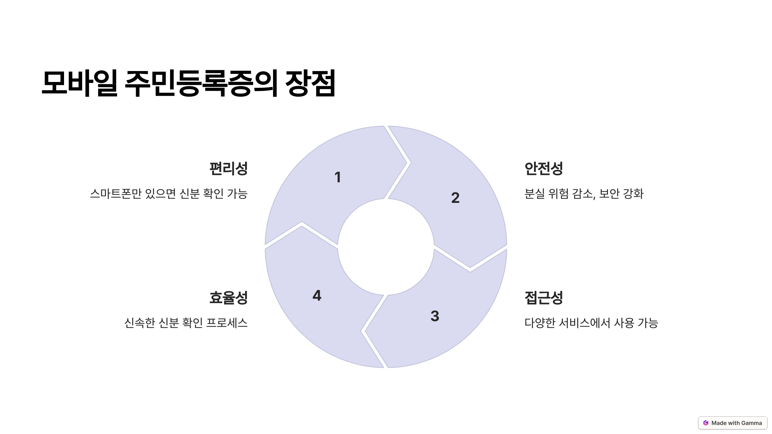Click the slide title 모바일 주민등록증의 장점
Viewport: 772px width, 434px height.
(x=189, y=83)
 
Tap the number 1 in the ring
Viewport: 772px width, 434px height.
(x=337, y=177)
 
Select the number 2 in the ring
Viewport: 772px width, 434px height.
(x=455, y=197)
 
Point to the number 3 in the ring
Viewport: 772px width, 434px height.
(x=435, y=316)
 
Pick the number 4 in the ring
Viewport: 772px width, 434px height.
(x=317, y=295)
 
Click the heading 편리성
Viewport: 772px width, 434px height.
(x=228, y=168)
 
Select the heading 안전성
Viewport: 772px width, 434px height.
(x=544, y=168)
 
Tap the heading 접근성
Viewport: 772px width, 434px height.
(x=544, y=298)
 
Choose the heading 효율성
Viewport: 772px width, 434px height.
(x=228, y=298)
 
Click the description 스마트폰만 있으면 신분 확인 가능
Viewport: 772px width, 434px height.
(x=169, y=194)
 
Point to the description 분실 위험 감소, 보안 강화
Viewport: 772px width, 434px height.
(x=584, y=194)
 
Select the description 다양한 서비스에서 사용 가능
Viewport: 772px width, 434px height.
(x=591, y=323)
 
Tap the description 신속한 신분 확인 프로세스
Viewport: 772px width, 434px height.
(x=186, y=323)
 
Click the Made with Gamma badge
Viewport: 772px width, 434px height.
(x=733, y=423)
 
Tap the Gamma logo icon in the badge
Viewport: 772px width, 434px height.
(x=706, y=423)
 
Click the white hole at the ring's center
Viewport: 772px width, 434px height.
(x=386, y=247)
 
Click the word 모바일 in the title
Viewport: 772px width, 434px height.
(x=79, y=83)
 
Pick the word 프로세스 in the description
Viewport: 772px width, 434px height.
(x=227, y=323)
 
